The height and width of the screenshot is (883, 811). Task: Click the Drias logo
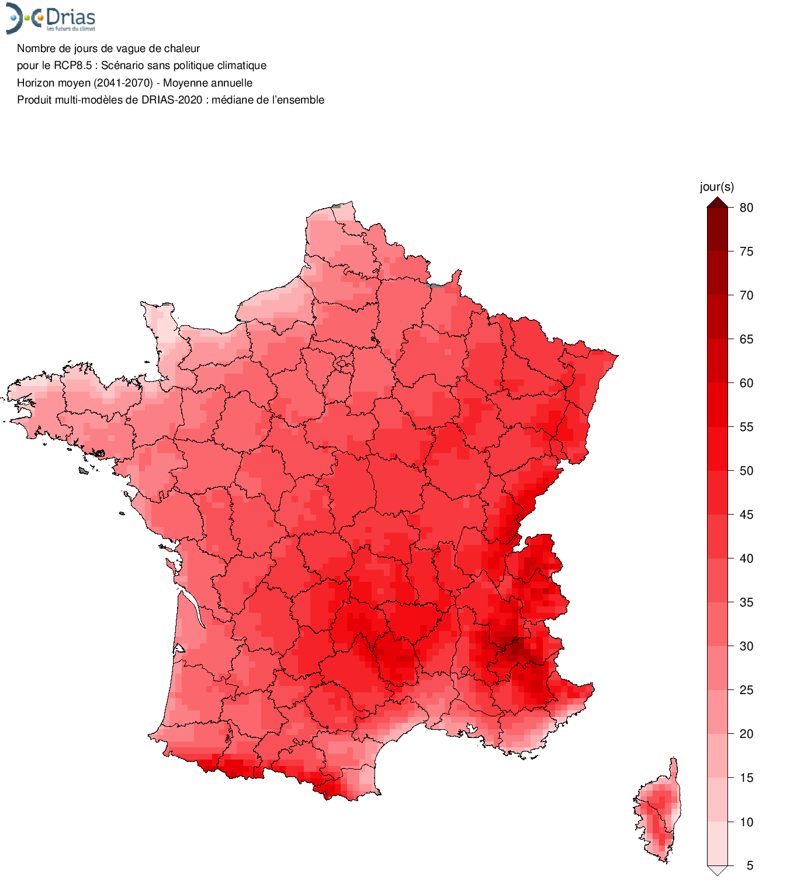[x=51, y=18]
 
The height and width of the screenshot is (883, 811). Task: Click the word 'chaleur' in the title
[x=182, y=49]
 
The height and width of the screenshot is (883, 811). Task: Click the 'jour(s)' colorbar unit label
[x=717, y=187]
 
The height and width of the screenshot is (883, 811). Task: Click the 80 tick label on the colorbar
[x=746, y=208]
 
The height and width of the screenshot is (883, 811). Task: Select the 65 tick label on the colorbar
[x=746, y=339]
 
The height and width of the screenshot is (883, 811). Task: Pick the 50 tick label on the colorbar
[x=746, y=471]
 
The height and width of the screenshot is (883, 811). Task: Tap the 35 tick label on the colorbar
[x=746, y=602]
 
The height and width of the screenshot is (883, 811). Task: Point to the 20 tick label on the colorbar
[x=746, y=734]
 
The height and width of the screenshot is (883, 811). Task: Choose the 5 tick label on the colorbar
[x=750, y=865]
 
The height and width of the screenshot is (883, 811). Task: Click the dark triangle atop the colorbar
[x=718, y=203]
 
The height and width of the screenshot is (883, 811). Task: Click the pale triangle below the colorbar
[x=718, y=870]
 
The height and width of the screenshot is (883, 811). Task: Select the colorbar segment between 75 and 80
[x=718, y=229]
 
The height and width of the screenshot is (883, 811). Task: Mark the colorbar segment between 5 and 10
[x=718, y=843]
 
